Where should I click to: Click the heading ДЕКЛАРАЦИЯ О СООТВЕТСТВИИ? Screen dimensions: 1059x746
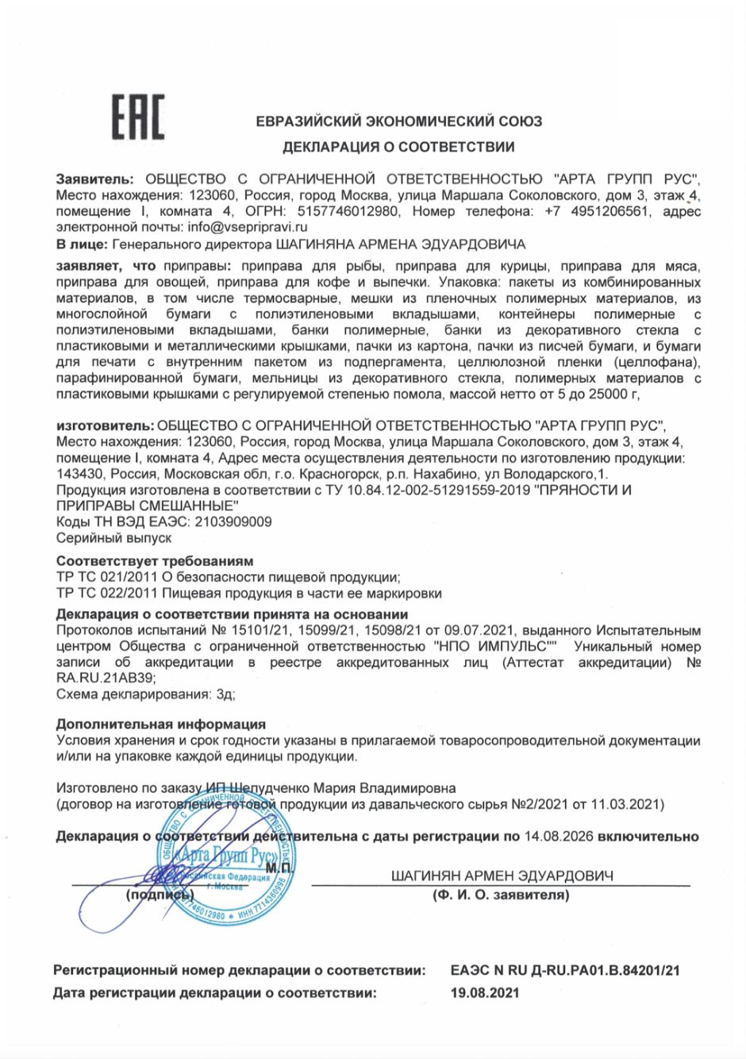pos(398,147)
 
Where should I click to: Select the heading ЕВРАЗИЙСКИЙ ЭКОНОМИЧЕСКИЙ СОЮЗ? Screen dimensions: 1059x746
pos(398,121)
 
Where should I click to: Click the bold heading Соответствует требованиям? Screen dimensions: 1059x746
pos(155,561)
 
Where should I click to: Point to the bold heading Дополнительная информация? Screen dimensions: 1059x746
pos(161,724)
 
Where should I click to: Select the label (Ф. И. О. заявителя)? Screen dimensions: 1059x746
pos(501,895)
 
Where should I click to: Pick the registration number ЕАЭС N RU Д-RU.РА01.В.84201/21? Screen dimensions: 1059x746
pos(564,970)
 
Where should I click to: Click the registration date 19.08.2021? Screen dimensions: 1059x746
pos(484,992)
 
